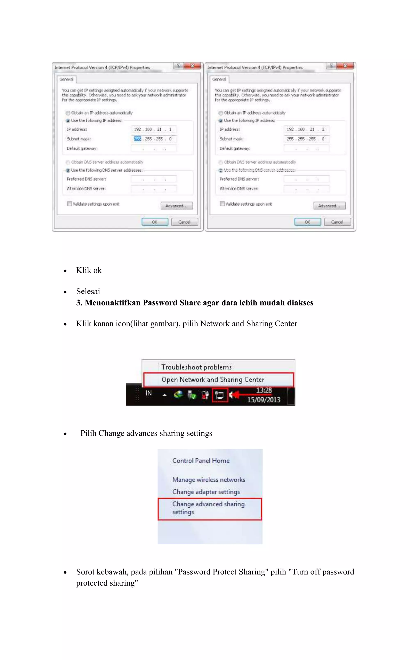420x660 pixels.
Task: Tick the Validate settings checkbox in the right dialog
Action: coord(222,204)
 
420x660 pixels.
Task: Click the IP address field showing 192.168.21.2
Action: coord(306,129)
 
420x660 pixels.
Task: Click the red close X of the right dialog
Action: coord(345,66)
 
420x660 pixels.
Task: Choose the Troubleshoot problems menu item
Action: coord(196,367)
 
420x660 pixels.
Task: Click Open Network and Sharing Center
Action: coord(213,380)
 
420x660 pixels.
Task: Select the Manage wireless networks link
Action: coord(209,480)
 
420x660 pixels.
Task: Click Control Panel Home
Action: coord(201,461)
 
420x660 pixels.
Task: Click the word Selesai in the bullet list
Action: coord(88,291)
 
